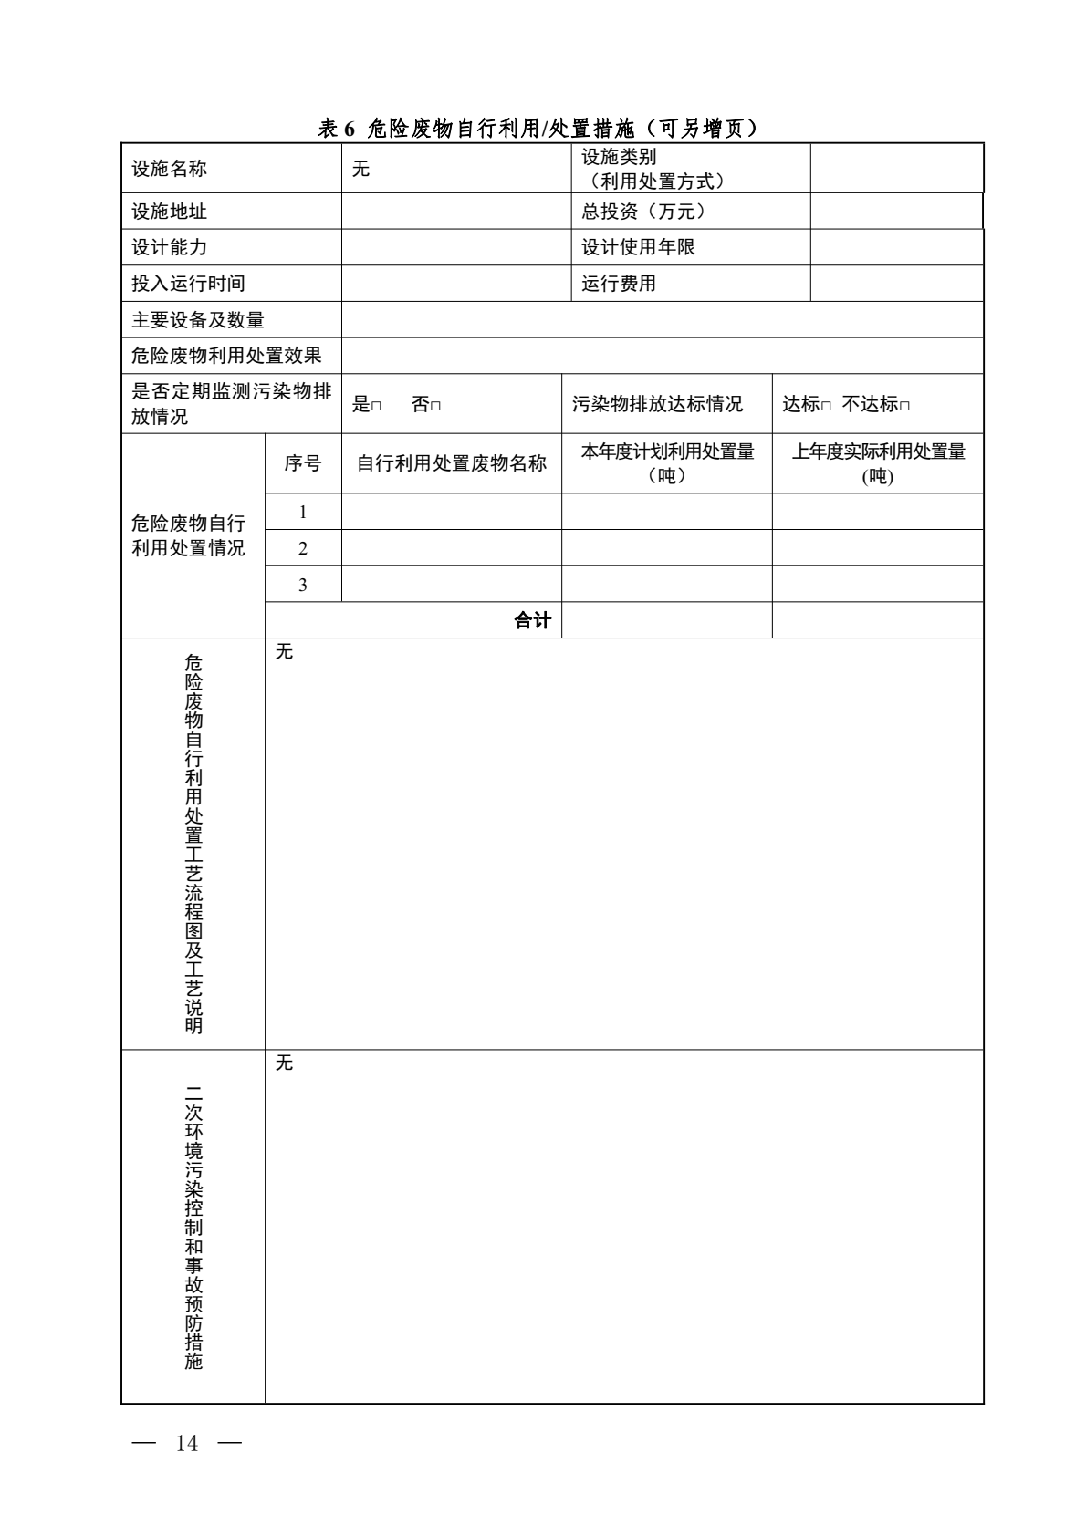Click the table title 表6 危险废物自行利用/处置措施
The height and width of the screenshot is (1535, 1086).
(538, 129)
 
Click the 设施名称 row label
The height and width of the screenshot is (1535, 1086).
(169, 169)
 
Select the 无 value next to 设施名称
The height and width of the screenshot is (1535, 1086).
(361, 169)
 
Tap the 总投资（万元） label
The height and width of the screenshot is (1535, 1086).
(643, 212)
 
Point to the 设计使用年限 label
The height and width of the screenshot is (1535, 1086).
(638, 247)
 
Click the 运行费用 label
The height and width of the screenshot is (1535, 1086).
(619, 284)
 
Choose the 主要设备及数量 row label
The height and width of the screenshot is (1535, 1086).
(197, 320)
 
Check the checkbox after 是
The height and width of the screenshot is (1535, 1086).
(376, 406)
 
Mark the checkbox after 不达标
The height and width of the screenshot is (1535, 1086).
(904, 406)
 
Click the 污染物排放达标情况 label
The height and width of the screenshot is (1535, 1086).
(657, 404)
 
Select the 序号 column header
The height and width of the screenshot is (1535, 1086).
(303, 463)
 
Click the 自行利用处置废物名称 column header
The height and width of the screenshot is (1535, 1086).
(451, 463)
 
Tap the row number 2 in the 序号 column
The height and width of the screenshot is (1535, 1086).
(303, 548)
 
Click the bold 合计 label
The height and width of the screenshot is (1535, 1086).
(532, 621)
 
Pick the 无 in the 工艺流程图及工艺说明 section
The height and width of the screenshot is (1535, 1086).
(285, 652)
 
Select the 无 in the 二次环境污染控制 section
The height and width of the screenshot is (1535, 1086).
(285, 1063)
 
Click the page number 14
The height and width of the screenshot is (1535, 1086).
(187, 1443)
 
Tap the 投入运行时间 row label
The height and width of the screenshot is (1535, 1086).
(188, 284)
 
